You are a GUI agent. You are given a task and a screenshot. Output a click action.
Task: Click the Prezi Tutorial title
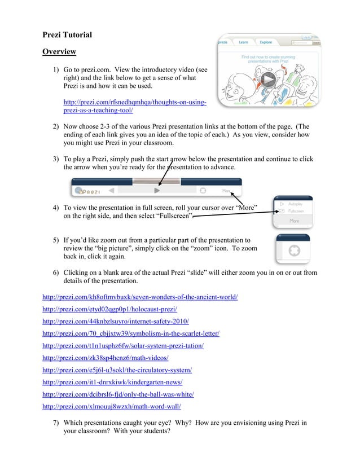click(67, 35)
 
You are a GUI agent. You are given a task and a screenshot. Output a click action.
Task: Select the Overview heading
click(59, 52)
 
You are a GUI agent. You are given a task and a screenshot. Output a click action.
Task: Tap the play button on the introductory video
click(268, 81)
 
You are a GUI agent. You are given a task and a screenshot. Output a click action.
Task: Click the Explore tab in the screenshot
click(266, 42)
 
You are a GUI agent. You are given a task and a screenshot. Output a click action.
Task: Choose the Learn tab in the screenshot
click(243, 42)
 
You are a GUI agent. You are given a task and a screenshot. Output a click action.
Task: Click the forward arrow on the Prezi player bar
click(157, 191)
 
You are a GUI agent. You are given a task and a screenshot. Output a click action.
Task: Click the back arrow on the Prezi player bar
click(112, 191)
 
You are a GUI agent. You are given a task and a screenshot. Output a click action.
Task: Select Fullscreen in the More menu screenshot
click(295, 211)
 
